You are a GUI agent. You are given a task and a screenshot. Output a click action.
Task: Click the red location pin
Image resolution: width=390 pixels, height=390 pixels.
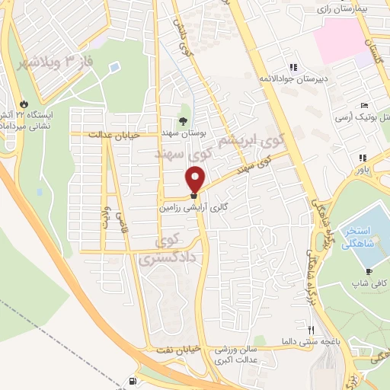coord(196,180)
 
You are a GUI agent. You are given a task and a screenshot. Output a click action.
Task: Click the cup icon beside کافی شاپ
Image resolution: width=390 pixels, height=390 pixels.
coord(369,272)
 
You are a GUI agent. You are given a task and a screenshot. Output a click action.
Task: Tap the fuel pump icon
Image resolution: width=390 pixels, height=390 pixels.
coord(135,382)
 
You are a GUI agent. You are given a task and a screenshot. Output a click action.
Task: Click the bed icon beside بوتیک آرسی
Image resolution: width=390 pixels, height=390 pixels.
coord(366,105)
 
